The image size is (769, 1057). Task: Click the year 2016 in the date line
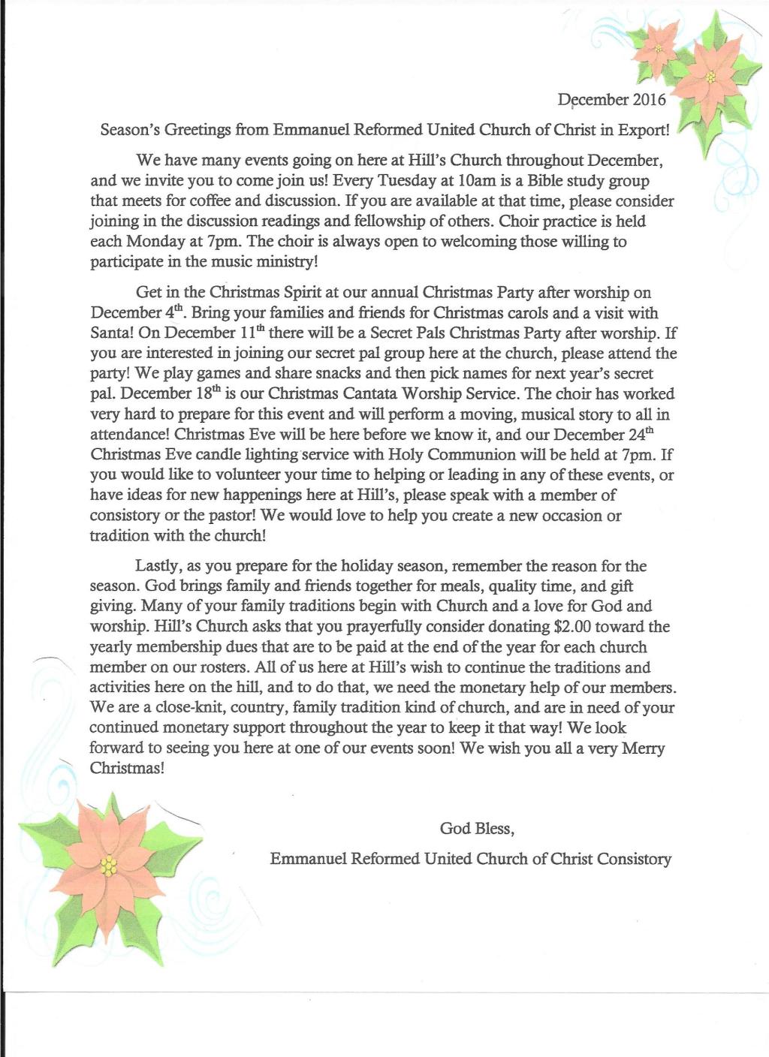[x=650, y=99]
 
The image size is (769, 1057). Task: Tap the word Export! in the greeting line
[x=643, y=130]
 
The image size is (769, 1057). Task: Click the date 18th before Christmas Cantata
[x=204, y=393]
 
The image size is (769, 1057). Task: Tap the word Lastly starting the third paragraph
[x=158, y=565]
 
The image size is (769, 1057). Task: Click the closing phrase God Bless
[x=476, y=828]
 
